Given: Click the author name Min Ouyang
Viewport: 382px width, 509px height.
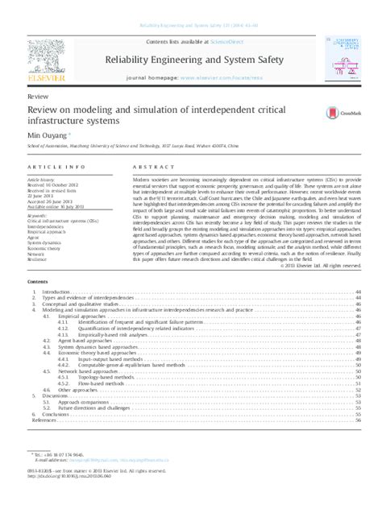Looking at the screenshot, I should click(44, 136).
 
